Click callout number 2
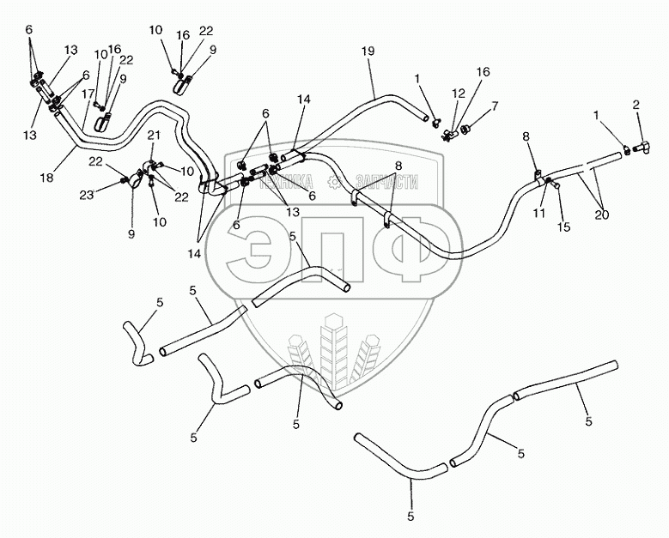(x=636, y=105)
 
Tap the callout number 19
(x=368, y=52)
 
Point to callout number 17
(x=87, y=94)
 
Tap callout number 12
(x=459, y=94)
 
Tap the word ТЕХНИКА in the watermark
(x=289, y=182)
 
